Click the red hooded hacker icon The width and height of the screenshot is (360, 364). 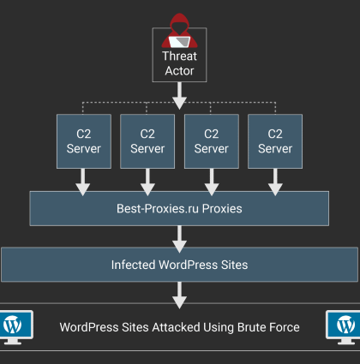(x=179, y=31)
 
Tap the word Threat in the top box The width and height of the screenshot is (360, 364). (x=179, y=56)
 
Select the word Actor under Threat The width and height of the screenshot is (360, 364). (x=179, y=71)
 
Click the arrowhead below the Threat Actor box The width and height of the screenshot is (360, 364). (x=179, y=103)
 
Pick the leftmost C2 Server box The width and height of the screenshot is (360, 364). (x=84, y=141)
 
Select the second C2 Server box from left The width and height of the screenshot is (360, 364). (x=147, y=141)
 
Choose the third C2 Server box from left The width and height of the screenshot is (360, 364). (x=212, y=141)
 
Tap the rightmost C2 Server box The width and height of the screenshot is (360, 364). (x=275, y=141)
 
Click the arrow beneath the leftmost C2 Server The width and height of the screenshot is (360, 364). (x=83, y=182)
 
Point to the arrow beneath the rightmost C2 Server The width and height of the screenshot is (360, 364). (x=275, y=182)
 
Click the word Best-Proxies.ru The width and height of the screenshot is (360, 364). (x=158, y=209)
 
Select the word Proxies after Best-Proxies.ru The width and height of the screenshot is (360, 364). (x=222, y=209)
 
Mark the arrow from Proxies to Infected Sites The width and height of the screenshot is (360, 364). (x=179, y=239)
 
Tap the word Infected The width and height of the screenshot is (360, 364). (x=134, y=265)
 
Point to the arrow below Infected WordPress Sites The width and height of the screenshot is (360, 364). (x=179, y=295)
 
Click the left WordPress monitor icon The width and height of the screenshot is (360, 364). (x=16, y=327)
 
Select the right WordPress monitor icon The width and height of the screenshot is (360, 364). (x=343, y=327)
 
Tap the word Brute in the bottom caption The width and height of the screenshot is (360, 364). (x=250, y=327)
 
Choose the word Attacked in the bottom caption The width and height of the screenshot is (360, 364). (x=176, y=327)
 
